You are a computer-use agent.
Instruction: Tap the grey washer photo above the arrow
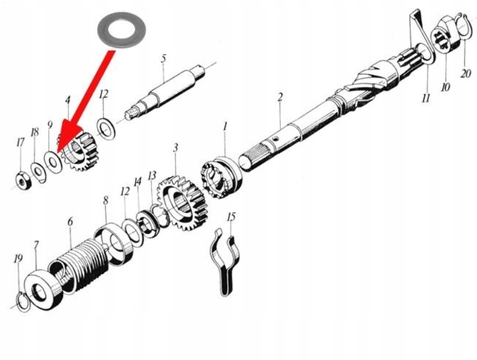[x=121, y=30]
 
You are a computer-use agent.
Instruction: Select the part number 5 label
[x=164, y=58]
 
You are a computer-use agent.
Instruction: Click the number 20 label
[x=465, y=73]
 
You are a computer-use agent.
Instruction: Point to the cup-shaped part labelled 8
[x=114, y=244]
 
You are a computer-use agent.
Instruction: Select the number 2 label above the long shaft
[x=280, y=97]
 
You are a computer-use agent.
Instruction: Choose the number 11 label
[x=426, y=98]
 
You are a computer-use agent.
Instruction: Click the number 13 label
[x=152, y=175]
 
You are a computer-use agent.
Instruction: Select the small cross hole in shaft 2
[x=275, y=139]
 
